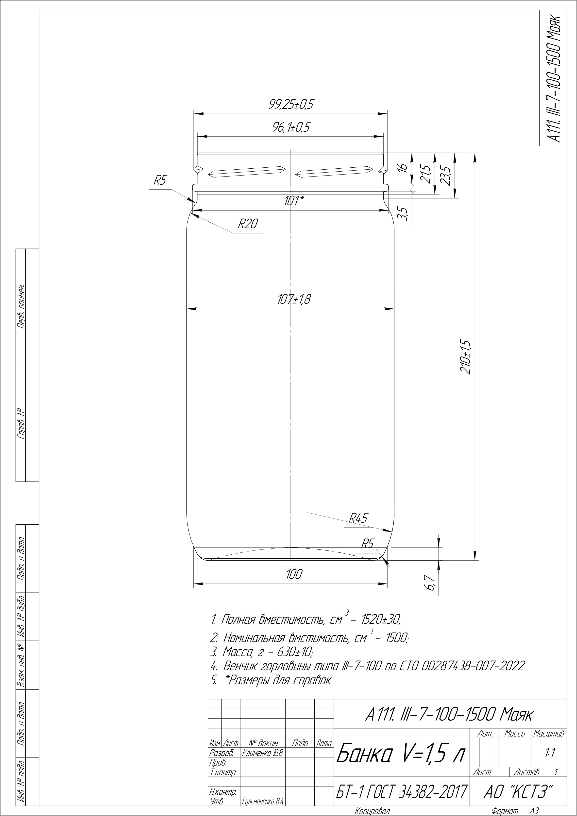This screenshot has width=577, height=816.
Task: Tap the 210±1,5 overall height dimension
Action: tap(465, 357)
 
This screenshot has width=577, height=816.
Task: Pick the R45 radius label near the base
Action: tap(358, 518)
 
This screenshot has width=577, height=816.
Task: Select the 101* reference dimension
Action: tap(293, 201)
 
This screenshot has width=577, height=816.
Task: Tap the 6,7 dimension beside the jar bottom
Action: tap(431, 584)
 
